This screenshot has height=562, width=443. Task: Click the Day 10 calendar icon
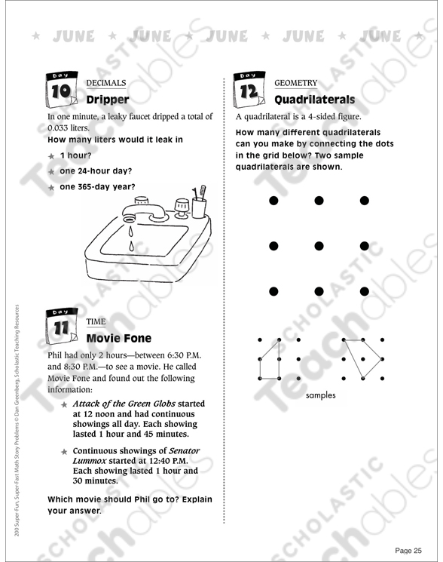pyautogui.click(x=62, y=90)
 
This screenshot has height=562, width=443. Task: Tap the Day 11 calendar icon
pyautogui.click(x=62, y=327)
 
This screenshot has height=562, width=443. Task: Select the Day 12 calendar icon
pyautogui.click(x=249, y=90)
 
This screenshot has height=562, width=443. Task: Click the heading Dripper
pyautogui.click(x=108, y=100)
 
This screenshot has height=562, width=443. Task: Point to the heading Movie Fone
pyautogui.click(x=119, y=338)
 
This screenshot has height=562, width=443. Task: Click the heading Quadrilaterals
pyautogui.click(x=314, y=100)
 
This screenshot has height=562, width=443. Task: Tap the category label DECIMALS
pyautogui.click(x=106, y=83)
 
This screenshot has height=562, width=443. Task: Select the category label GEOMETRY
pyautogui.click(x=296, y=83)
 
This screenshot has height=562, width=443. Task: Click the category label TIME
pyautogui.click(x=96, y=321)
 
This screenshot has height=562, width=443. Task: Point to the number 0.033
pyautogui.click(x=58, y=128)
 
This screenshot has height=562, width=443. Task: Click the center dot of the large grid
pyautogui.click(x=319, y=246)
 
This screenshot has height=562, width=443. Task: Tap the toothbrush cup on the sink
pyautogui.click(x=199, y=207)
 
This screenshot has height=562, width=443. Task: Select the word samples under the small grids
pyautogui.click(x=321, y=395)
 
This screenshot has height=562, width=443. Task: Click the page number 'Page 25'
pyautogui.click(x=408, y=551)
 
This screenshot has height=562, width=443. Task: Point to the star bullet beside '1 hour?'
pyautogui.click(x=51, y=156)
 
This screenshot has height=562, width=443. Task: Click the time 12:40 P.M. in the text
pyautogui.click(x=168, y=461)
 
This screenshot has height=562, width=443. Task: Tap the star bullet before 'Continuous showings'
pyautogui.click(x=64, y=452)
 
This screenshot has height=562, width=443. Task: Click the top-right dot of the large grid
pyautogui.click(x=365, y=201)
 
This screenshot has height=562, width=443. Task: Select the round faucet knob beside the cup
pyautogui.click(x=182, y=207)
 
